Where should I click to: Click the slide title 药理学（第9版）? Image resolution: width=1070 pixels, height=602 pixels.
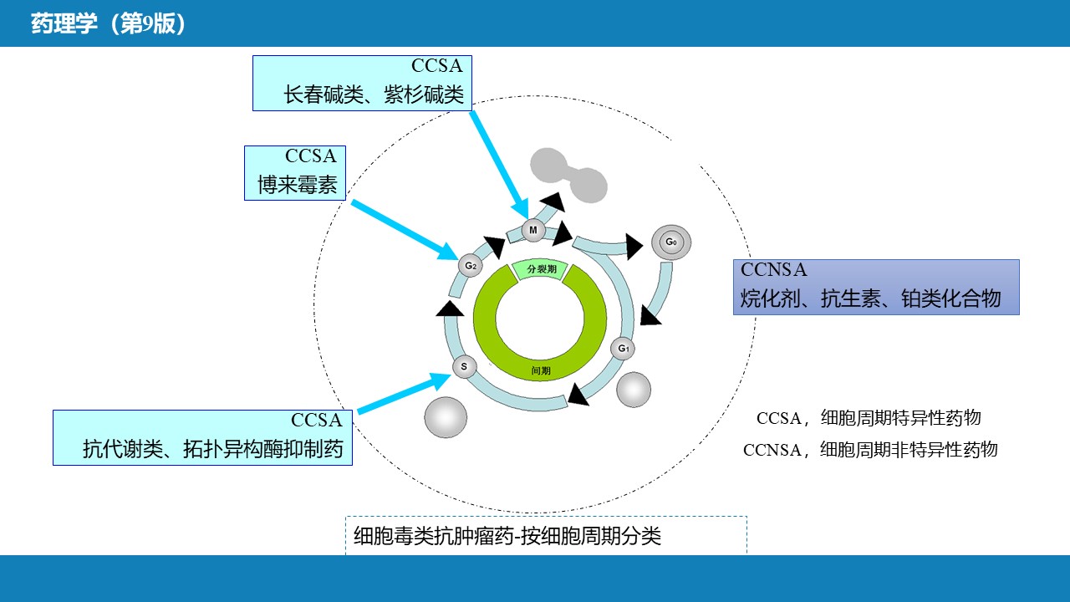point(108,24)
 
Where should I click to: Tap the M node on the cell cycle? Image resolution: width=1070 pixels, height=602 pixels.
point(532,230)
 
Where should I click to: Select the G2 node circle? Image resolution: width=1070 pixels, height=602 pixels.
point(471,266)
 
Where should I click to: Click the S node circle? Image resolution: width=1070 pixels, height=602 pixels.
point(464,366)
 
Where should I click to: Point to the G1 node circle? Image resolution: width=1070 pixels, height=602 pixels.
point(623,348)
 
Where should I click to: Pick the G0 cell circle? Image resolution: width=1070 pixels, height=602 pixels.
point(670,242)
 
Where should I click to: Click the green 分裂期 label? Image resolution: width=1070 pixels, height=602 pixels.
point(540,270)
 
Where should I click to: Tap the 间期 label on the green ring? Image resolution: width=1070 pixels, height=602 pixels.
point(541,370)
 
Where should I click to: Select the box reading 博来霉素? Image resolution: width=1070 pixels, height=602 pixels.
point(295,173)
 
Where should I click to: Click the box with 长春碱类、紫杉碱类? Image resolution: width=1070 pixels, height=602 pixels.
point(362,83)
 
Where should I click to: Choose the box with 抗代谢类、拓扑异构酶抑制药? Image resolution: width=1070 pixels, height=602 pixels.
point(202,437)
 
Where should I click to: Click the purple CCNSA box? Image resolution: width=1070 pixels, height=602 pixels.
point(876,287)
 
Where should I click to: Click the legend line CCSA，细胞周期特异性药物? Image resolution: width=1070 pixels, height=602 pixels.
point(868,418)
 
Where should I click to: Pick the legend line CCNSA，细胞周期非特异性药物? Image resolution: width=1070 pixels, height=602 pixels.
point(870,450)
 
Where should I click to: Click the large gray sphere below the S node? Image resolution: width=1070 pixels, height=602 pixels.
point(446,416)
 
